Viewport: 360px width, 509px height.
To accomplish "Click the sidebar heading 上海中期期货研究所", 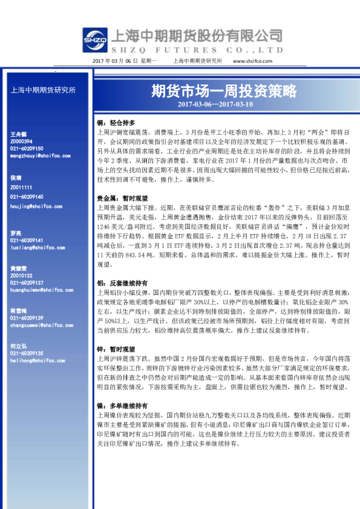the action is [44, 90].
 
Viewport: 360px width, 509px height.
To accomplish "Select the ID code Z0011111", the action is [22, 188].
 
